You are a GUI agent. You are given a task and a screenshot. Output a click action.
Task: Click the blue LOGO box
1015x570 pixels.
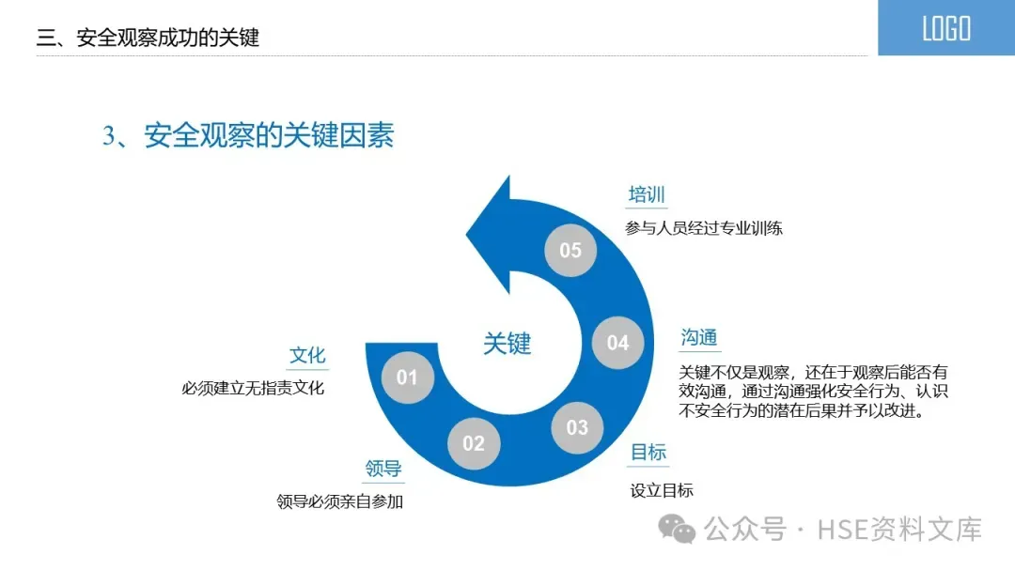click(x=945, y=28)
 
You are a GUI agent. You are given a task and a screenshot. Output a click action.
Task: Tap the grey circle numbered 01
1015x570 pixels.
click(x=407, y=377)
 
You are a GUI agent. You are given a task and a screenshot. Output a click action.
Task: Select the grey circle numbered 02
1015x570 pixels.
click(x=473, y=443)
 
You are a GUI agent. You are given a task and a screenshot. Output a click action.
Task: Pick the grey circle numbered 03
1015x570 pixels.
click(x=577, y=428)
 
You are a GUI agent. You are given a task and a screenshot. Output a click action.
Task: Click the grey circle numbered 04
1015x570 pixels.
click(x=617, y=343)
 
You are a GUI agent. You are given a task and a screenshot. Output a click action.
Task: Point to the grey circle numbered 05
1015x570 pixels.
click(x=570, y=250)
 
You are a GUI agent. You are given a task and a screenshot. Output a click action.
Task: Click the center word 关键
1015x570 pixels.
click(x=507, y=344)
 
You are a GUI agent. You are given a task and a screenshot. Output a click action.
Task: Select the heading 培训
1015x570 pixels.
click(x=647, y=195)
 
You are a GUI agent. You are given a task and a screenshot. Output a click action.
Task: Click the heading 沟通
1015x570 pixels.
click(x=699, y=338)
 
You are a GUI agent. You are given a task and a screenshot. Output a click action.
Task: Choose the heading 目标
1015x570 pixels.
click(x=648, y=453)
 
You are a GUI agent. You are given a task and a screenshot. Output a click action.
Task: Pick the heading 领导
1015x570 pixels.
click(x=383, y=469)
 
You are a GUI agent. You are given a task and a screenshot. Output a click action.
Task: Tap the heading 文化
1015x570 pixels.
click(x=307, y=355)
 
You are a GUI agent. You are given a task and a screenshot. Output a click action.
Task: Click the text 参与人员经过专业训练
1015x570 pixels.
click(x=704, y=228)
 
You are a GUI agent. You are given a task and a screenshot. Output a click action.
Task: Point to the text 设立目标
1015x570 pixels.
click(x=662, y=490)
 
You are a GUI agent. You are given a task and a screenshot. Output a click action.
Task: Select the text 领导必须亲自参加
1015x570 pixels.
click(x=339, y=501)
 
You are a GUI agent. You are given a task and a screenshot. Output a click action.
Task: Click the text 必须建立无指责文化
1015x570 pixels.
click(x=253, y=388)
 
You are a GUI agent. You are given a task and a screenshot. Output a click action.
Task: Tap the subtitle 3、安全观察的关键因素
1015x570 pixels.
click(x=248, y=136)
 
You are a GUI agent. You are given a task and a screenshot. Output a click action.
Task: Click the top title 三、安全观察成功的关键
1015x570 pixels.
click(x=148, y=39)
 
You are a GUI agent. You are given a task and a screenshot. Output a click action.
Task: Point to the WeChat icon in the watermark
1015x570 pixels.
click(x=677, y=529)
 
